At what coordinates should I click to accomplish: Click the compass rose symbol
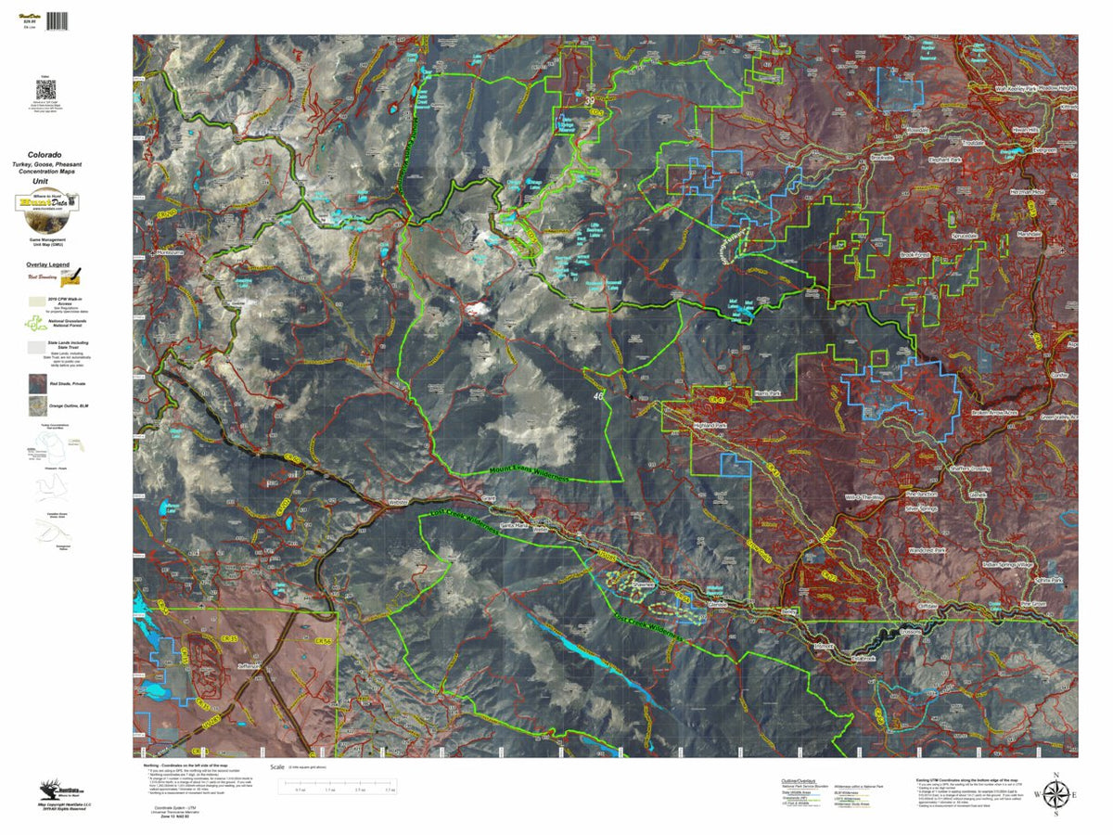coord(1055,795)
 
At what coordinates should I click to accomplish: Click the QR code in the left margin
coord(46,91)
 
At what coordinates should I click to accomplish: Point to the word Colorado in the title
coord(45,154)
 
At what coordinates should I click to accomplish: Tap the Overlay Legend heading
coord(46,264)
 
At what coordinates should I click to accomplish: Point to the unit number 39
coord(590,101)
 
